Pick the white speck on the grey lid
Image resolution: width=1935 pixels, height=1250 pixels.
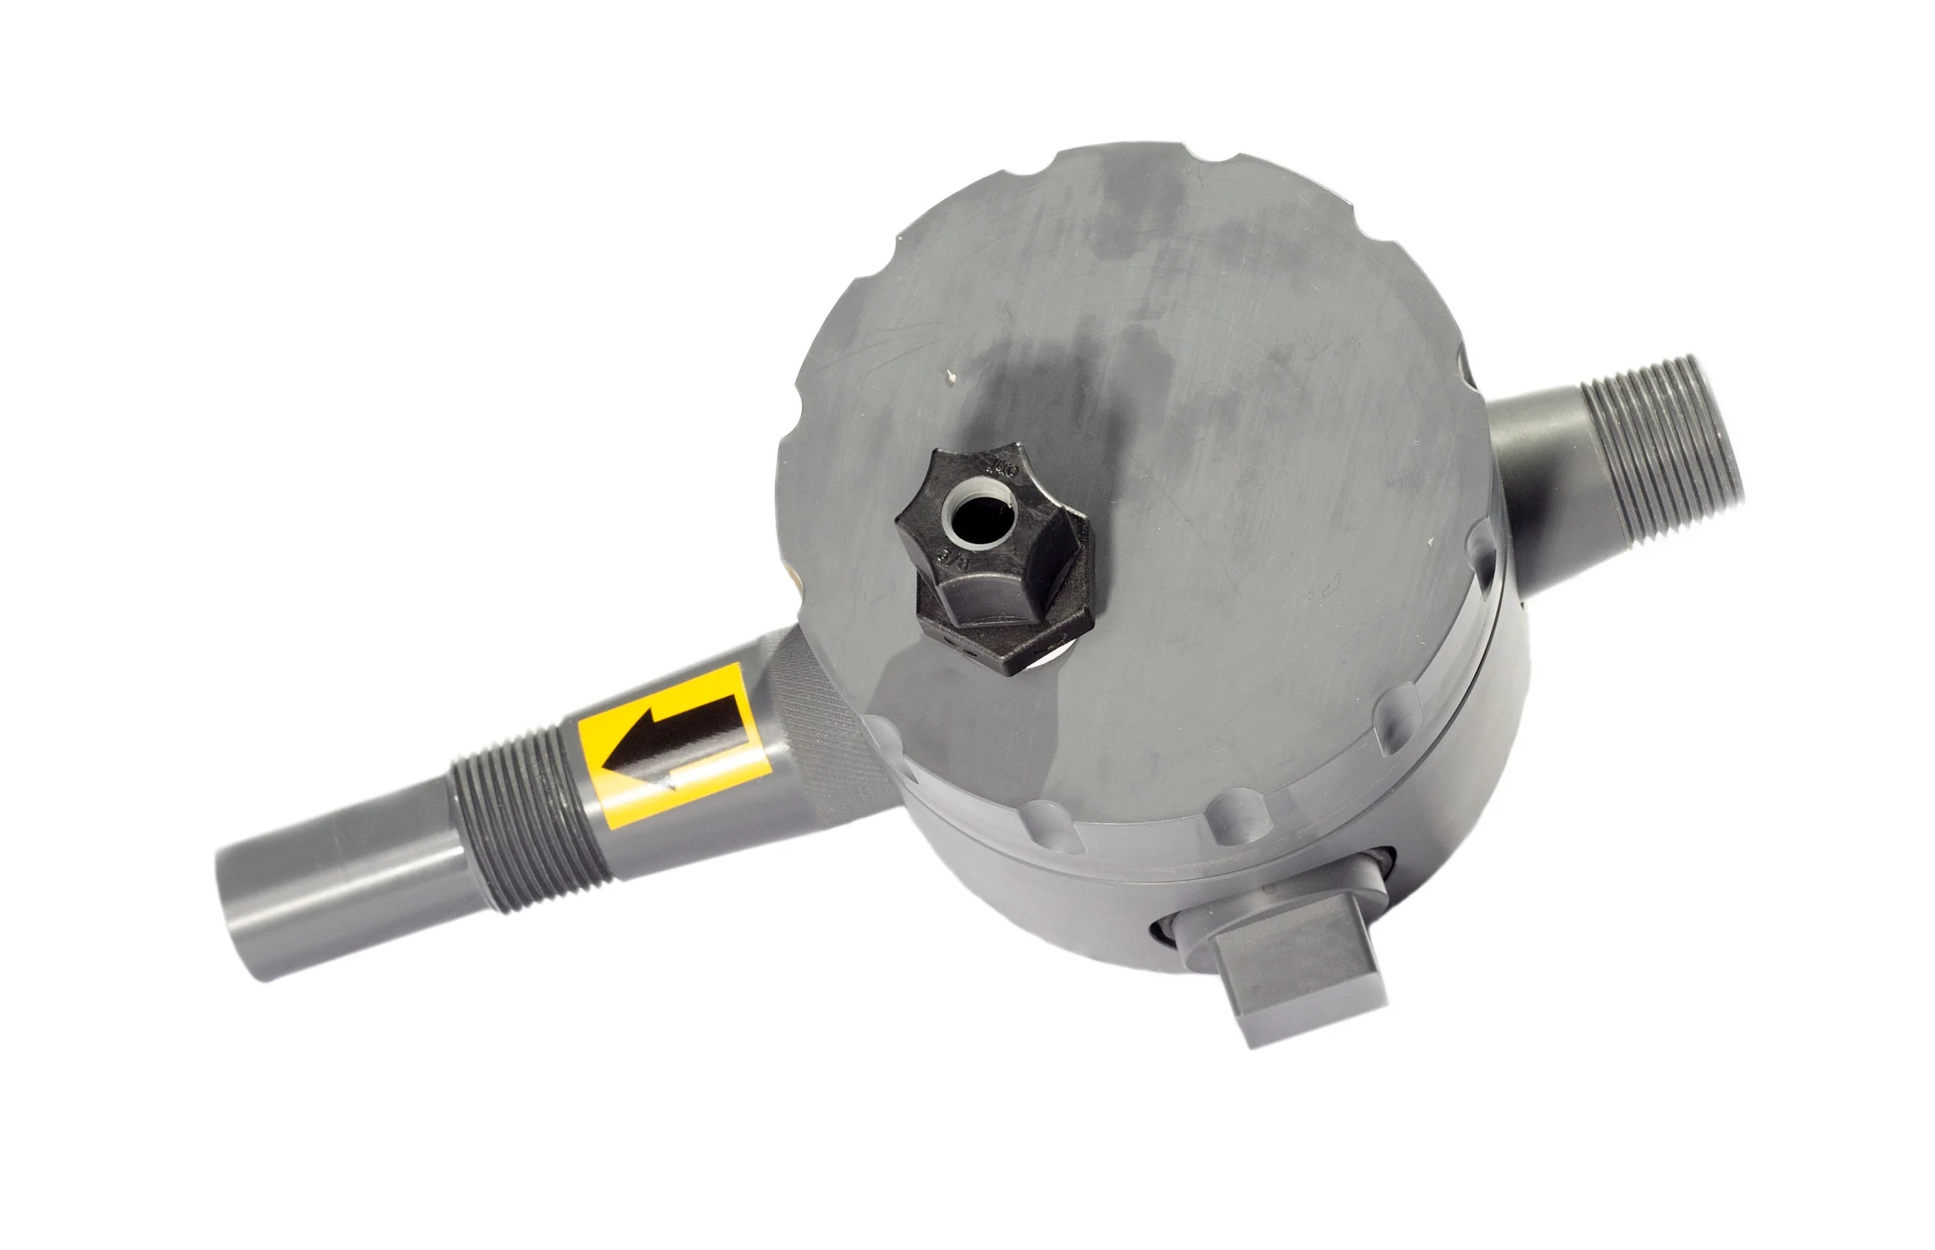point(950,375)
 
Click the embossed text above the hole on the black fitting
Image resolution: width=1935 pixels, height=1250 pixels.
point(1002,468)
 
